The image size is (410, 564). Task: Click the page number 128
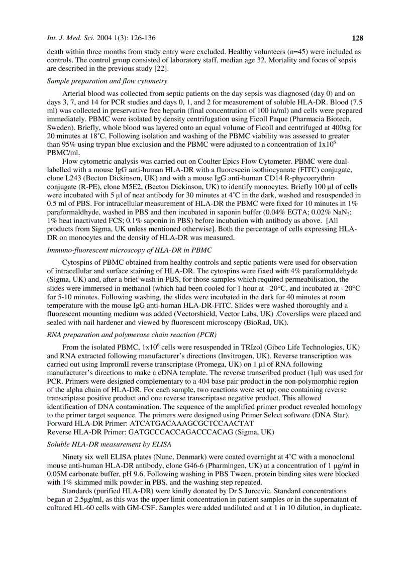tap(357, 38)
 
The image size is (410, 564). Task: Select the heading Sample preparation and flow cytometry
tap(107, 81)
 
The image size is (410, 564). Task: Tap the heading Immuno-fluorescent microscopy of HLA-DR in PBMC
tap(129, 250)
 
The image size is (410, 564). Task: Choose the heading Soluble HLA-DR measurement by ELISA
tap(109, 444)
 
